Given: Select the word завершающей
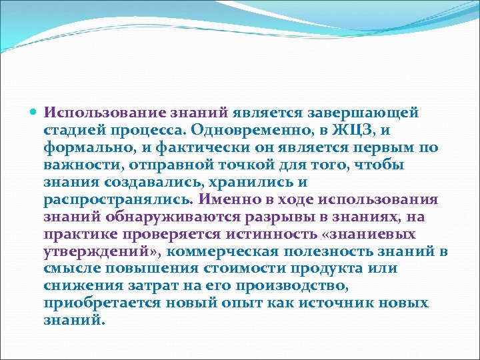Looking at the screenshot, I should click(377, 113).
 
